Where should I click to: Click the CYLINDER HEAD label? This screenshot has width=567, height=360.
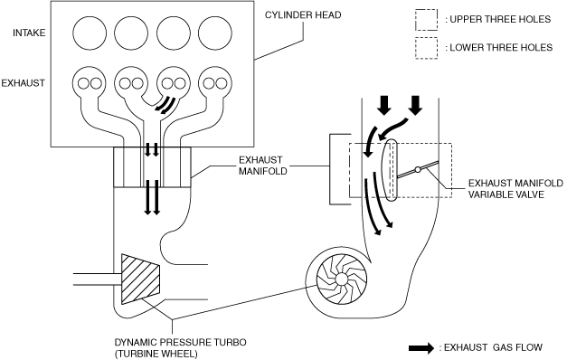click(303, 14)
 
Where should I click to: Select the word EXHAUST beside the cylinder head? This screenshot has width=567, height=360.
click(24, 83)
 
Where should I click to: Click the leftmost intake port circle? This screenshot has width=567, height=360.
click(90, 33)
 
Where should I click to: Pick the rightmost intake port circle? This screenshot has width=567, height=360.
click(215, 33)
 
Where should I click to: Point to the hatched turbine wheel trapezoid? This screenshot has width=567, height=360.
click(141, 279)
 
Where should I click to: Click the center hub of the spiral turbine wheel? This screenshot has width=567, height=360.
click(341, 279)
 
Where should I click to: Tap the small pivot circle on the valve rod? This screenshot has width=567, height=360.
click(418, 169)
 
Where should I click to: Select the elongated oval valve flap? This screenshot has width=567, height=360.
click(390, 170)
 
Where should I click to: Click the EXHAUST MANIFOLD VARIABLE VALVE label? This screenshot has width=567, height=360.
click(515, 188)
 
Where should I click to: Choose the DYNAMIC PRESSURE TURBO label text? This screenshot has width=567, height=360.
click(181, 342)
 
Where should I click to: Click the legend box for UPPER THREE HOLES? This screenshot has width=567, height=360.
click(426, 20)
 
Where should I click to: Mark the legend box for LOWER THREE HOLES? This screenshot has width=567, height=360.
click(426, 48)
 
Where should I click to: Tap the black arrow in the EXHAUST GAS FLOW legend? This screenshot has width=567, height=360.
click(421, 348)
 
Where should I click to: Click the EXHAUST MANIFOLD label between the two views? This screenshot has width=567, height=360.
click(263, 166)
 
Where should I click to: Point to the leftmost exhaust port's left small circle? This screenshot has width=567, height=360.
click(83, 83)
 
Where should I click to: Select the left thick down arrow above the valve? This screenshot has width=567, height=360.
click(384, 105)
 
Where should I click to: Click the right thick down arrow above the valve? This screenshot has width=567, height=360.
click(415, 105)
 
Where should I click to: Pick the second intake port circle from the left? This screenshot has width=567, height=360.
click(132, 33)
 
